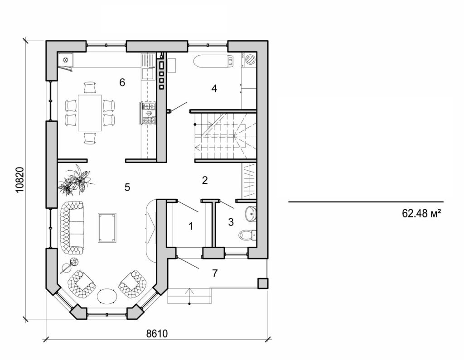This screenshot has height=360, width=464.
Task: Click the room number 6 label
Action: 121,82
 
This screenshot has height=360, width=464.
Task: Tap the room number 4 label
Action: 214,88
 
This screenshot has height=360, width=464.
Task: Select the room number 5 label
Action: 127,187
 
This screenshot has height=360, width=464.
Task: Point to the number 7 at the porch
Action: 215,273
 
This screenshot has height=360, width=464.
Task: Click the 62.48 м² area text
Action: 421,213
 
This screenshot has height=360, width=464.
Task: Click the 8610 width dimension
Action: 157,334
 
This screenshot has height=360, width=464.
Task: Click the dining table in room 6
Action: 90,112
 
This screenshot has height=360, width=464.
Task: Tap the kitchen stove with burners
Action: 149,113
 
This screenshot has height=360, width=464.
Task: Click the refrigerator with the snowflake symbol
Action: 65,61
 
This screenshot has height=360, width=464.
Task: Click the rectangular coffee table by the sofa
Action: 107,227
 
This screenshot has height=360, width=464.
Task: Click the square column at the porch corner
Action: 262,283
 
